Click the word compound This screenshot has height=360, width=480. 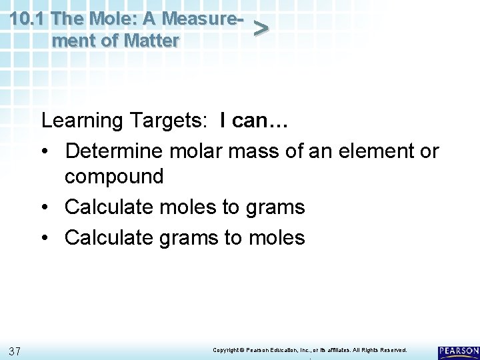(114, 177)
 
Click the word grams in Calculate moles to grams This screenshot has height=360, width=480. (273, 207)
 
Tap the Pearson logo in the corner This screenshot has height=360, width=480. (458, 351)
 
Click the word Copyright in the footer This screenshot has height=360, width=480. (226, 350)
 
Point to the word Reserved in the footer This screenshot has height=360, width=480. (391, 350)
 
